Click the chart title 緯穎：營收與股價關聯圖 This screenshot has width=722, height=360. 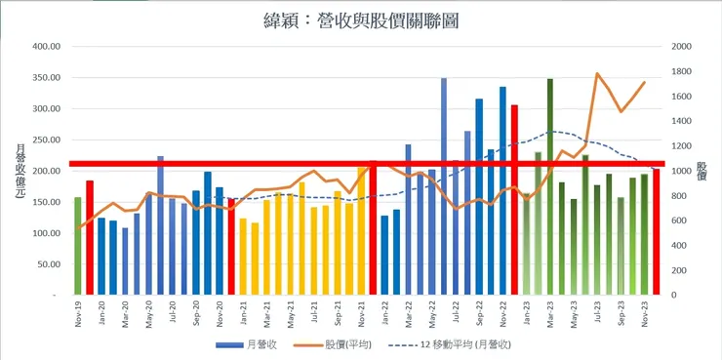click(360, 20)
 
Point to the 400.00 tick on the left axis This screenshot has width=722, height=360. click(45, 46)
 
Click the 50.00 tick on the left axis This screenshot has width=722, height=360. click(47, 264)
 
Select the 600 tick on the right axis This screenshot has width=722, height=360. click(677, 220)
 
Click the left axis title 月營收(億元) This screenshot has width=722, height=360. click(20, 171)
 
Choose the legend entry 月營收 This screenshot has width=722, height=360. click(253, 344)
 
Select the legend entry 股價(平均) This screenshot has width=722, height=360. click(341, 344)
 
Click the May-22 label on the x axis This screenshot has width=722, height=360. click(432, 316)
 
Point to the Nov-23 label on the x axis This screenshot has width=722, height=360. click(645, 316)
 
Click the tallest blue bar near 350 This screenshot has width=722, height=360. click(444, 186)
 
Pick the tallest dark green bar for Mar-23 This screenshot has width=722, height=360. click(550, 186)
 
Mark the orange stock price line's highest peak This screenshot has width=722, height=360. click(597, 74)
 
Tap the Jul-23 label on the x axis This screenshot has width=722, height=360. click(597, 316)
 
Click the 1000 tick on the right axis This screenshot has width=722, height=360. click(677, 171)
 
